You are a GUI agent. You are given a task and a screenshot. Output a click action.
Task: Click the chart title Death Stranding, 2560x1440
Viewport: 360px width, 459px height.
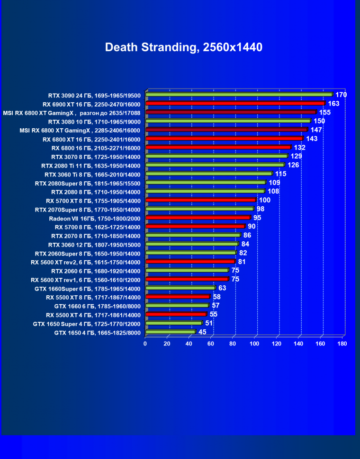coord(183,47)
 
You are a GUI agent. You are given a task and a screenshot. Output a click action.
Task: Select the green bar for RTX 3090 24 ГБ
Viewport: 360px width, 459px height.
coord(239,94)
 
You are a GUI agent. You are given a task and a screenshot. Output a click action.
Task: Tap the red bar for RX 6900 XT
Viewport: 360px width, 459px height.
coord(235,103)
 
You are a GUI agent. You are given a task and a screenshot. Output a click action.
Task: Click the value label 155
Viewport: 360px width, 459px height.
coord(325,112)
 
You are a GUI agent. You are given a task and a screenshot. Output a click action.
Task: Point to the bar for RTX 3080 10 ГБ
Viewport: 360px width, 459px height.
coord(228,121)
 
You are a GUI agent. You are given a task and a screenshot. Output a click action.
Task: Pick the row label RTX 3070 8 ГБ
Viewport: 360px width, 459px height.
coord(96,156)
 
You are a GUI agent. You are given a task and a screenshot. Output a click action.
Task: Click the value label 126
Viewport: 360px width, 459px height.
coord(293,165)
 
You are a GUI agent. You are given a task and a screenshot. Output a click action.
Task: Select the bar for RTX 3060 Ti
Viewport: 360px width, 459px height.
coord(209,174)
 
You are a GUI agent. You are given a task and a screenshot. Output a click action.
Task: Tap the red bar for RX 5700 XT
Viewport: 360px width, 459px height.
coord(201,200)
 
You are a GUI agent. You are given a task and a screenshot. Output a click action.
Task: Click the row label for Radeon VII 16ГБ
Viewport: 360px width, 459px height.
coord(95,218)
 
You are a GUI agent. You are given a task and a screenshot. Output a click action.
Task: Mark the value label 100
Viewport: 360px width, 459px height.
coord(265,200)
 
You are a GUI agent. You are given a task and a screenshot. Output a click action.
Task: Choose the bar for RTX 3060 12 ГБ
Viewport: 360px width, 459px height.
coord(192,244)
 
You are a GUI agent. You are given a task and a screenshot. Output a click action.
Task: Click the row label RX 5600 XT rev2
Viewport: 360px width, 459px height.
coord(86,262)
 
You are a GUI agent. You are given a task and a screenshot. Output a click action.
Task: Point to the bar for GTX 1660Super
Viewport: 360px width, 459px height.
coord(180,288)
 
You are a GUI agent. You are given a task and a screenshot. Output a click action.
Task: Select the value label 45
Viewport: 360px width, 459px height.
coord(202,332)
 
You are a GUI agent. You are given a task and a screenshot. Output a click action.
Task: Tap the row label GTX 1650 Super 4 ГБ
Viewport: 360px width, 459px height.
coord(87,324)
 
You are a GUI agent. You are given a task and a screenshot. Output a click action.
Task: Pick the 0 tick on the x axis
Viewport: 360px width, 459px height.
coord(145,344)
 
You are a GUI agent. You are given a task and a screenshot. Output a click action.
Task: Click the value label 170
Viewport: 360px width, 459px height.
coord(342,95)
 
